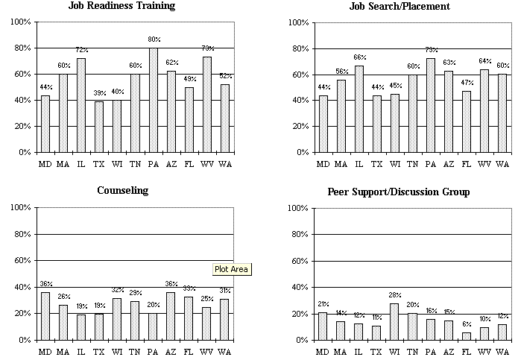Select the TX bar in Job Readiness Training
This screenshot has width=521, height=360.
(98, 127)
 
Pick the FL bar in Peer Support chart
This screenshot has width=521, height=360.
(466, 336)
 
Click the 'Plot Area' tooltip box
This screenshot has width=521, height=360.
(232, 269)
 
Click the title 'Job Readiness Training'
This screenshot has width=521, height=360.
(132, 6)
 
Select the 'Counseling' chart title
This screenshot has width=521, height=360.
(123, 190)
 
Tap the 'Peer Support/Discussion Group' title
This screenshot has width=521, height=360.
(399, 192)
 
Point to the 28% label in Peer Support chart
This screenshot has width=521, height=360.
(394, 296)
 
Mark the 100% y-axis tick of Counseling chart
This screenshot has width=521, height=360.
(19, 207)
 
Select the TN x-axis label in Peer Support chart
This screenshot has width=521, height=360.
(412, 350)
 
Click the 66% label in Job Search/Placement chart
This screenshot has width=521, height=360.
(359, 57)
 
